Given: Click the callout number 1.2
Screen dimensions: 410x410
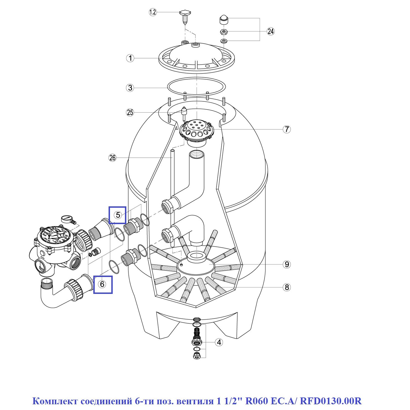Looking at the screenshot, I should pos(153,12).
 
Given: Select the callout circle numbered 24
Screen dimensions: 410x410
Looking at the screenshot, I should pos(271,31).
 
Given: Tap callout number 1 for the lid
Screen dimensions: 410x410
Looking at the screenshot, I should pos(130,58).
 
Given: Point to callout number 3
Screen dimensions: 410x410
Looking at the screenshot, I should pos(130,88).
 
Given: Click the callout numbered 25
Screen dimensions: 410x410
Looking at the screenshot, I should pos(130,112).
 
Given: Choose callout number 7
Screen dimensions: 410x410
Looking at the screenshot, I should pos(286,129).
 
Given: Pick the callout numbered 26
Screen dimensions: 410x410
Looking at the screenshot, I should pos(113,158).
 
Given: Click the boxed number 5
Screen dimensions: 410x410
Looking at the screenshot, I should pos(118,215).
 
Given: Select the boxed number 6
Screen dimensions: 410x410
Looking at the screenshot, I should pos(102,284).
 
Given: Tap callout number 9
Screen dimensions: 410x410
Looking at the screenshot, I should pos(286,264).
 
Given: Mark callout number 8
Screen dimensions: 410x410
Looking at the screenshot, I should pos(286,287).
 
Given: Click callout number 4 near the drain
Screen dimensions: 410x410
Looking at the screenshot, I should pos(219,342).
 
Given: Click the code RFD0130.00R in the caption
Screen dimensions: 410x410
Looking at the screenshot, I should pos(330,401).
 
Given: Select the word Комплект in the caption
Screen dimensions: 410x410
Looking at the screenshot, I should pos(55,401).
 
